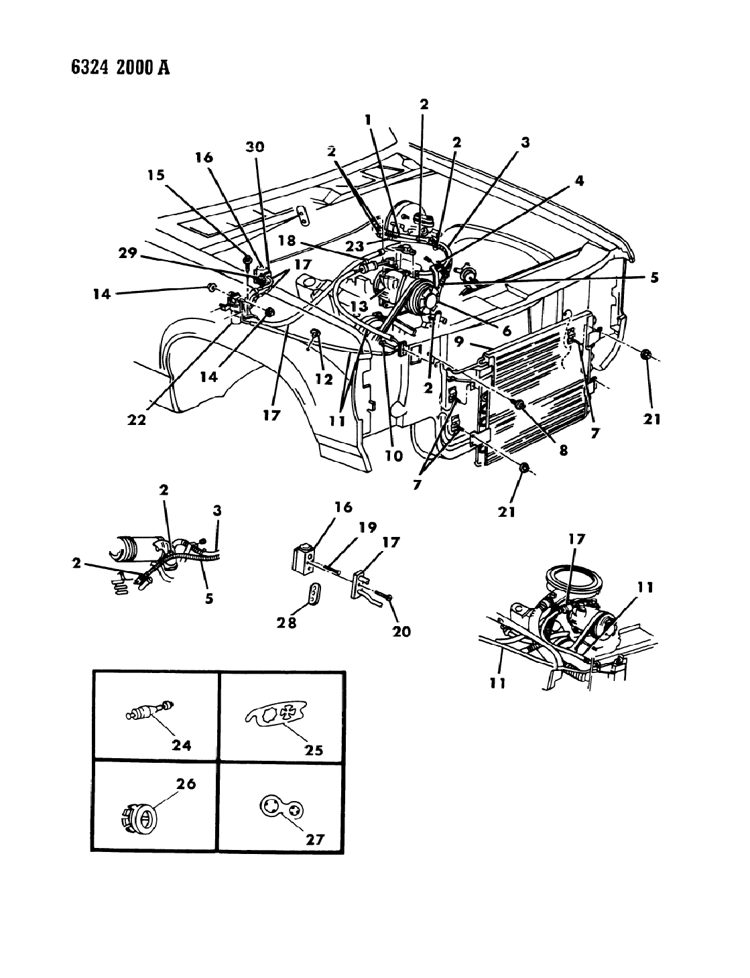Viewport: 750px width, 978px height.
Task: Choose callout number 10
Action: pos(393,456)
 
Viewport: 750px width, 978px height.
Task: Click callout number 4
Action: pos(578,180)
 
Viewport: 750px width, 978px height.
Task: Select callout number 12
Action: pos(324,380)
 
